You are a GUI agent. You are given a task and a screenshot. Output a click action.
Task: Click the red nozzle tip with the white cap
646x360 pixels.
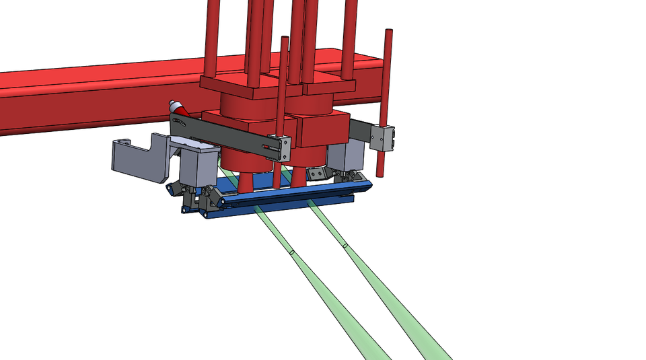pyautogui.click(x=176, y=106)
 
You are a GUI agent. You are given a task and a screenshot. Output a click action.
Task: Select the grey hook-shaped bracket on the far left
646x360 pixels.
pyautogui.click(x=138, y=159)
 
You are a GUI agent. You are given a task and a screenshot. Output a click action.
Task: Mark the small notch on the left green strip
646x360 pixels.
pyautogui.click(x=292, y=253)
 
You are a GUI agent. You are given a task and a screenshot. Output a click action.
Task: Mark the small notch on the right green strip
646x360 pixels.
pyautogui.click(x=345, y=246)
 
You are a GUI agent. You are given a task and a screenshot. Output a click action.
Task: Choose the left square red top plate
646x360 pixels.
pyautogui.click(x=236, y=84)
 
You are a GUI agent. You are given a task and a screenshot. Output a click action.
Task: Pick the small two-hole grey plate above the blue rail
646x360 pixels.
pyautogui.click(x=319, y=174)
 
